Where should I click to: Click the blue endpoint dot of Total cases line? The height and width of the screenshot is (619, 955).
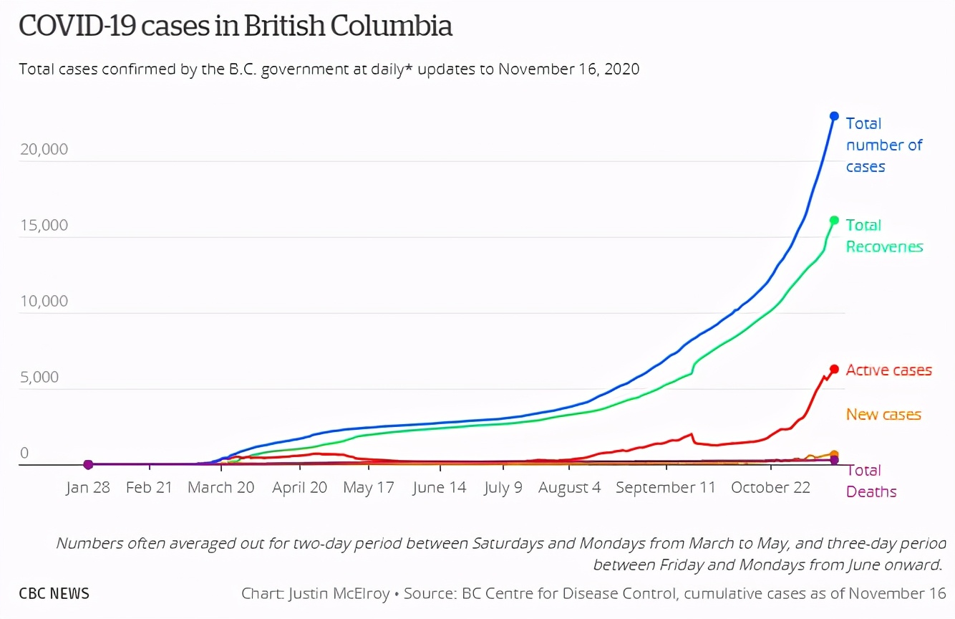coord(834,116)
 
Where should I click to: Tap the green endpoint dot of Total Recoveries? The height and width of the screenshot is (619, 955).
coord(834,220)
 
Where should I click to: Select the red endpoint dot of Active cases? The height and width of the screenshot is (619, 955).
coord(834,369)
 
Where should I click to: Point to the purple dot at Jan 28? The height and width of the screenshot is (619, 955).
coord(88,464)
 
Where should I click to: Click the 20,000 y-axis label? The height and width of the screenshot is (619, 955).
coord(44,149)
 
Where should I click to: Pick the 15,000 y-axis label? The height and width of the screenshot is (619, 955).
coord(44,225)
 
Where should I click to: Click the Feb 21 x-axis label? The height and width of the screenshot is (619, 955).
coord(149,488)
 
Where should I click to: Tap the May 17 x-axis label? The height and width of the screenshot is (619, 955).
coord(369,488)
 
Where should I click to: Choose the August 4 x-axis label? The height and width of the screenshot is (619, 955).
coord(569,488)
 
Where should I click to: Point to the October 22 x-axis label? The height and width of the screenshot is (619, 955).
coord(770,488)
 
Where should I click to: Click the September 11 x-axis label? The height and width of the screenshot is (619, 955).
coord(665,488)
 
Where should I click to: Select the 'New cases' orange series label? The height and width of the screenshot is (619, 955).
coord(883,414)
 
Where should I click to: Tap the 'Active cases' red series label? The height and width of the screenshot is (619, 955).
coord(888,370)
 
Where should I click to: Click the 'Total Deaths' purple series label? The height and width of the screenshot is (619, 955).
coord(871,481)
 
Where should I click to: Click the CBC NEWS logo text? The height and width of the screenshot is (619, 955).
coord(54,594)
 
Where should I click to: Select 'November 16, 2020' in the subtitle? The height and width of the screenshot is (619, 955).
coord(568,69)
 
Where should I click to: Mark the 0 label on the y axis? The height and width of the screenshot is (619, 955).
coord(24,453)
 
